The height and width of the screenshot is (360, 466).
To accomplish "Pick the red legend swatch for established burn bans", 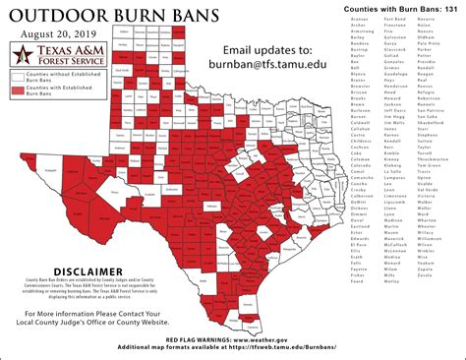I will pyautogui.click(x=18, y=91).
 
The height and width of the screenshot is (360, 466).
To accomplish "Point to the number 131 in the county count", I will pyautogui.click(x=451, y=7).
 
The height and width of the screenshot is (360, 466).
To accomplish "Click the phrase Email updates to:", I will pyautogui.click(x=269, y=48).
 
